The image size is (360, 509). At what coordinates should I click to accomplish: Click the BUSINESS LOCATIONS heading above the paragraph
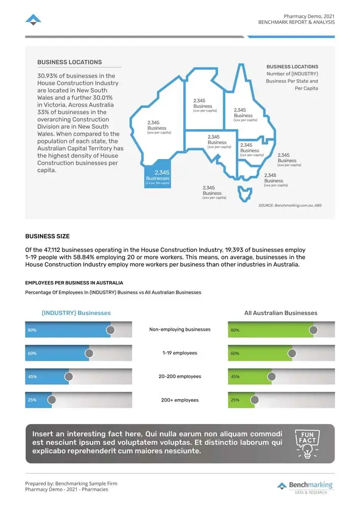point(69,62)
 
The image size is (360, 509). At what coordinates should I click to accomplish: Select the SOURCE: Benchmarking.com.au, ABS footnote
point(290,205)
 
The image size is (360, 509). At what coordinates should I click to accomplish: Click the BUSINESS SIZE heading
point(47,236)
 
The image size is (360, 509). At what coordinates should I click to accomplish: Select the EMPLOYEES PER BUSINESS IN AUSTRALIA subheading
point(74,282)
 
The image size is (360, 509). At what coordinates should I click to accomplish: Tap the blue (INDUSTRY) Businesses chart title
point(76,313)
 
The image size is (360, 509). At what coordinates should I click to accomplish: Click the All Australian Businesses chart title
point(281,313)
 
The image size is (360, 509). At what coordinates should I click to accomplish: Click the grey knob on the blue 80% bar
point(110,330)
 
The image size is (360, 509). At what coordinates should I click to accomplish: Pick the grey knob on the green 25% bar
point(255,400)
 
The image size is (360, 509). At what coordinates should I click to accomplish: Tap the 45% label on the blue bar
point(32,377)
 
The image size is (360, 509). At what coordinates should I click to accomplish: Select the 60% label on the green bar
point(235,353)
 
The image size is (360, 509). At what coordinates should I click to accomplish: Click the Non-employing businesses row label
point(180,329)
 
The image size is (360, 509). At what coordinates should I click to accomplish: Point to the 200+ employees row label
point(180,400)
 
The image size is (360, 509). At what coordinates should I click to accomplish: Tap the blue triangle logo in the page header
point(33,20)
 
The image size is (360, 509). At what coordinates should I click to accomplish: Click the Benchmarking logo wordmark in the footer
point(310,485)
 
